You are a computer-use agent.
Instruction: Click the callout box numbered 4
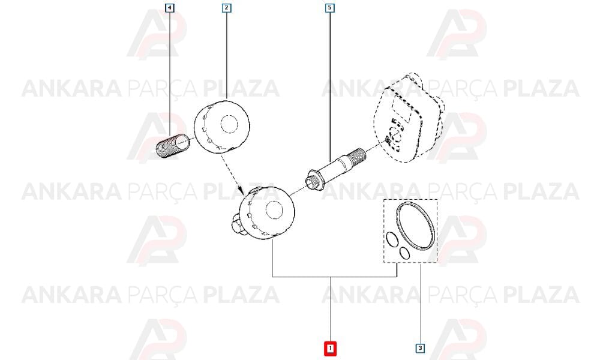coord(170,8)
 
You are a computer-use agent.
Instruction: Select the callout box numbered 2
coord(227,8)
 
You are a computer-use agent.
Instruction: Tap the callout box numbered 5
coord(330,8)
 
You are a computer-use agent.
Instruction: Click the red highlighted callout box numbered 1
coord(330,348)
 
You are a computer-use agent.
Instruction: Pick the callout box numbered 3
coord(420,348)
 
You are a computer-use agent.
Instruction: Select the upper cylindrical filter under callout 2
coord(221,127)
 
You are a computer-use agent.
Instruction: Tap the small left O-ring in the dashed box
coord(391,239)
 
